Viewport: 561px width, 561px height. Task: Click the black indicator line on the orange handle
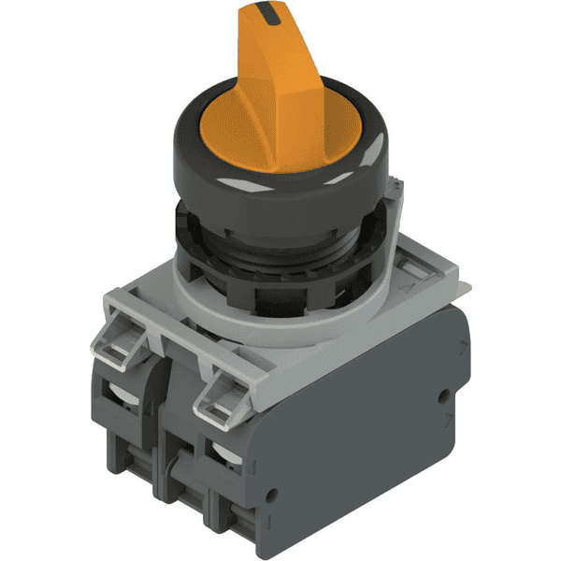pyautogui.click(x=270, y=13)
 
